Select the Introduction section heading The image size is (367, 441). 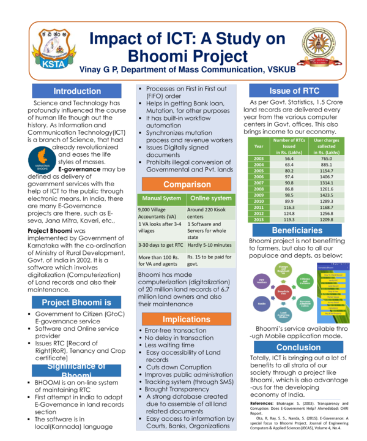click(77, 91)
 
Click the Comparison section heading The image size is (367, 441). click(187, 184)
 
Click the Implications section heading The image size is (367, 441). click(187, 320)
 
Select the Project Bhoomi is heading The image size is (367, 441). click(77, 303)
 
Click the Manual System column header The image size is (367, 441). click(161, 198)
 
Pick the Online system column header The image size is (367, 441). click(210, 198)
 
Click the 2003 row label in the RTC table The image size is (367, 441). click(259, 158)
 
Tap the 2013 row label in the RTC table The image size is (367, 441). click(259, 219)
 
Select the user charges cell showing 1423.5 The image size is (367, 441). click(326, 195)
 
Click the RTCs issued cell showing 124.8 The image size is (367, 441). click(289, 213)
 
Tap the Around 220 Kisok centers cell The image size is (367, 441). click(210, 213)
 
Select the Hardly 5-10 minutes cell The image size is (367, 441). click(210, 245)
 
